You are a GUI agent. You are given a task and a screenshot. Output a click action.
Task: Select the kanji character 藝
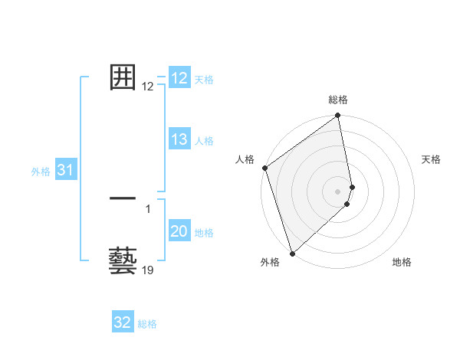[123, 260]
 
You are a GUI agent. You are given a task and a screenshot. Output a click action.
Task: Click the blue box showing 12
[179, 78]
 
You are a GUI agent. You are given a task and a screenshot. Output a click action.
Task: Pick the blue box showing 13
[179, 139]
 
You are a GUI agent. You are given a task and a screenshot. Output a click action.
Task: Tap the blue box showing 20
[179, 231]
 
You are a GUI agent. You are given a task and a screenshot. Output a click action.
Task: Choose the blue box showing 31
[65, 171]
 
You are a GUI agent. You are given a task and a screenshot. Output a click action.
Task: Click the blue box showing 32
[123, 322]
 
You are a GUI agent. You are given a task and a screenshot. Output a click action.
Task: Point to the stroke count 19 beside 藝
[148, 270]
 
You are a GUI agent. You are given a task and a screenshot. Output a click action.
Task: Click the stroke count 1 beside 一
[148, 208]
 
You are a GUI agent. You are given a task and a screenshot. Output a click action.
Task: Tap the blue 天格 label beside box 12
[204, 80]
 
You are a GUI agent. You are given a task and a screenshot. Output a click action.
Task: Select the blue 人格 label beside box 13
[204, 141]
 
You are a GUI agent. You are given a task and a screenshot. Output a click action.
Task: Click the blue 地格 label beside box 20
[204, 233]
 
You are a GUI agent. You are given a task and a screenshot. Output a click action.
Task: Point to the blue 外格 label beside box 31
[41, 172]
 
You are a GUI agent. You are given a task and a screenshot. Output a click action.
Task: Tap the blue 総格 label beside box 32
[147, 324]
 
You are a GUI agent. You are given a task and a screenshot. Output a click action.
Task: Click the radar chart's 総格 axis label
[338, 100]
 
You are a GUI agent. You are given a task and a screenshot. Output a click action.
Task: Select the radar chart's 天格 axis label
[432, 159]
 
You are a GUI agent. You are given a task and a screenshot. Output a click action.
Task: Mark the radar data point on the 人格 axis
[264, 168]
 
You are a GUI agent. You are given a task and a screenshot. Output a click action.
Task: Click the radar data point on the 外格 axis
[292, 254]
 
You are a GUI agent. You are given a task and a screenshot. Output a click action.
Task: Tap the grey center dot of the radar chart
[338, 191]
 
